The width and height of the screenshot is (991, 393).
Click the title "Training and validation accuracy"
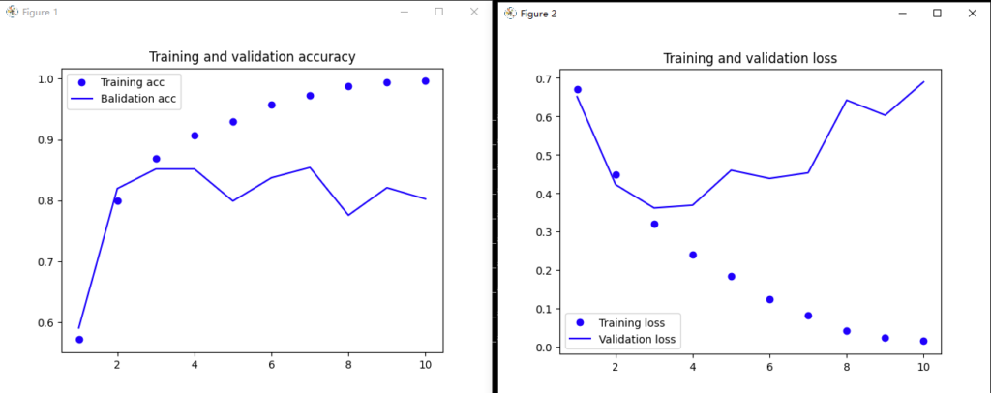[252, 57]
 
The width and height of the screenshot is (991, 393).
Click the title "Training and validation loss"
[750, 59]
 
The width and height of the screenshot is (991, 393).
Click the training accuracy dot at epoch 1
[79, 340]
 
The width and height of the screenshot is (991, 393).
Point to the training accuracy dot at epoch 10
[426, 81]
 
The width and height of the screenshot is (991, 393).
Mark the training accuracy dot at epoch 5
[233, 122]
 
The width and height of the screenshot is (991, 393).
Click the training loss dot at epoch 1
[578, 90]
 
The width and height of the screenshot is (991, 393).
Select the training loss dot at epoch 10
[924, 341]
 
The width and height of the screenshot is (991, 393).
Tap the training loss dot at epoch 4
[693, 255]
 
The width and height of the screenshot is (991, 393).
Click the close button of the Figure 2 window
[972, 14]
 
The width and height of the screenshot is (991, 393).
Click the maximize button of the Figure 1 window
[438, 12]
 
